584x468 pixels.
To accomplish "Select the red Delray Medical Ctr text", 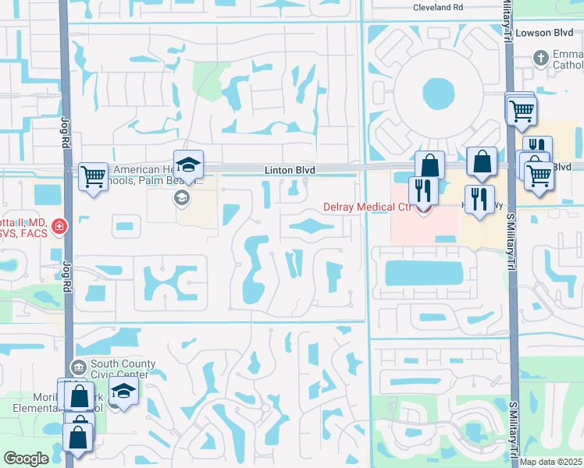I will point(367,207).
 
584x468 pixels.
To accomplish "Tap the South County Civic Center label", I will point(123,369).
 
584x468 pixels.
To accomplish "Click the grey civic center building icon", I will point(78,367).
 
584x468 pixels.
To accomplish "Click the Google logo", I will point(26,459).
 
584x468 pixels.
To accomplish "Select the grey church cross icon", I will point(539,58).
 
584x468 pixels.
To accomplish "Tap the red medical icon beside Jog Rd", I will point(59,227).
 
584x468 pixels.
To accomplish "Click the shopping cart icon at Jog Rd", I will point(93,177).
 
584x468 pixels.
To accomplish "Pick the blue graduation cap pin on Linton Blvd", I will point(188,165).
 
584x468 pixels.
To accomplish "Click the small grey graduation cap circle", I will point(182,198).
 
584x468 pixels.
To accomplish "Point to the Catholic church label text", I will point(568,60).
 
